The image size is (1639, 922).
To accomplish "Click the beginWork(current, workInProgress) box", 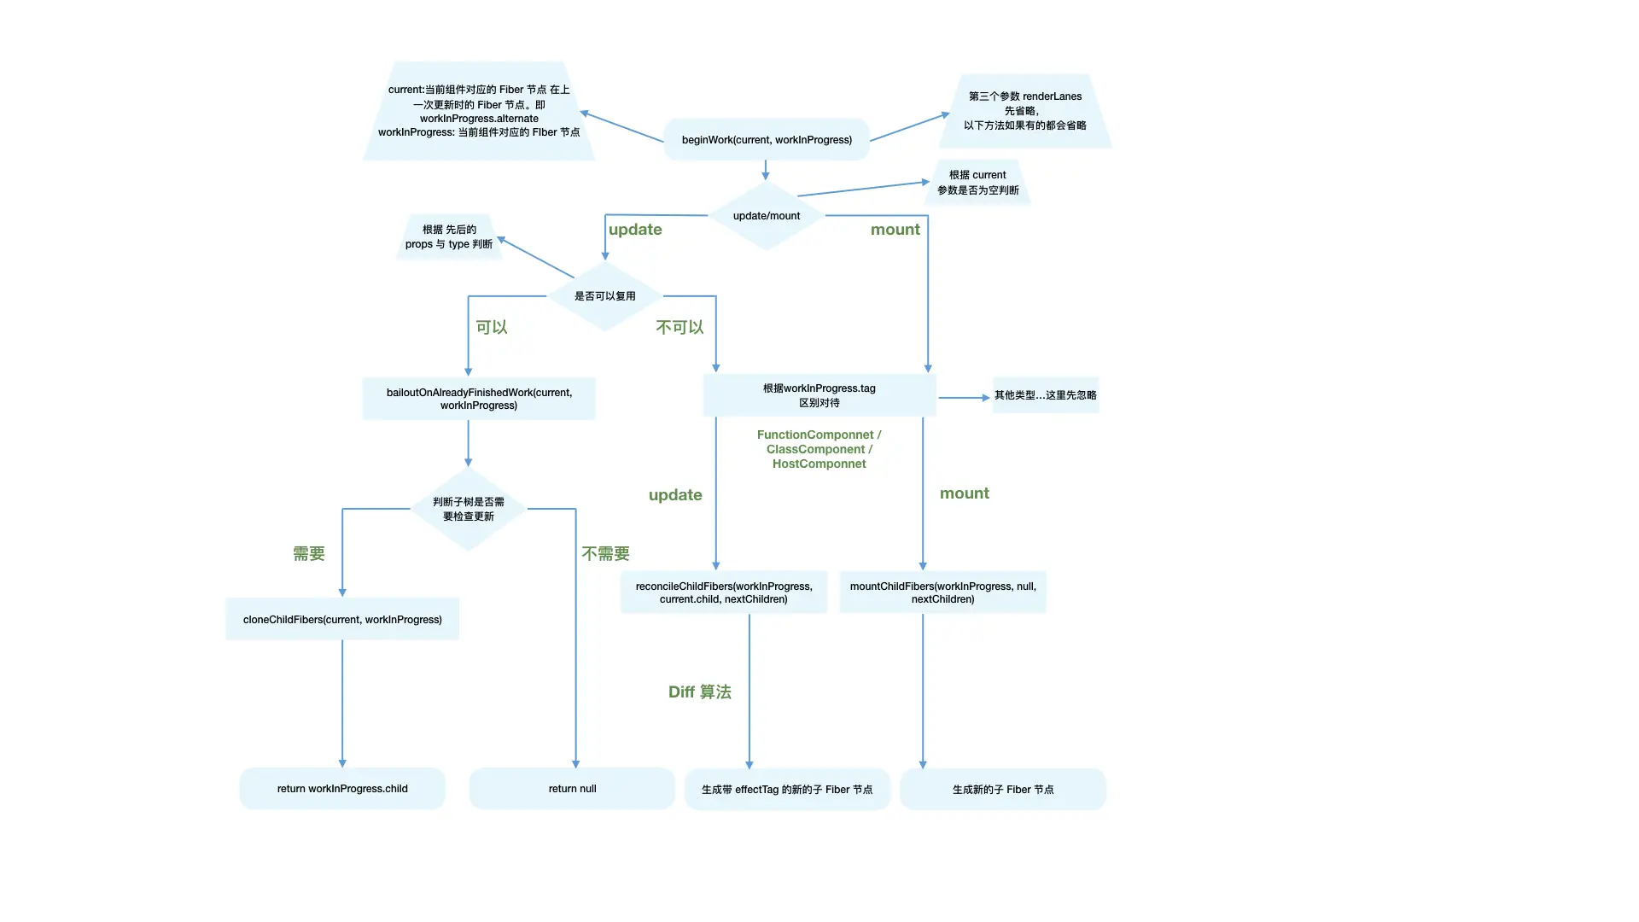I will (767, 140).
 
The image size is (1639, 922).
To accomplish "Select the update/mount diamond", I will (767, 216).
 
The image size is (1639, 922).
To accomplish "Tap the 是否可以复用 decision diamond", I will (605, 296).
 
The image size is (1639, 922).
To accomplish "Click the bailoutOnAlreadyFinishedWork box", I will (479, 399).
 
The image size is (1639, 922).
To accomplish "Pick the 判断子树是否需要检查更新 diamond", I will (469, 509).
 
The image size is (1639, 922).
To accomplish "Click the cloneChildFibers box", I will (342, 620).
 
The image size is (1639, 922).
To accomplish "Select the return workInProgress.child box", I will (342, 789).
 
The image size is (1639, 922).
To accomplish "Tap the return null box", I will (572, 789).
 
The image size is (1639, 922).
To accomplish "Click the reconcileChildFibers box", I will (724, 592).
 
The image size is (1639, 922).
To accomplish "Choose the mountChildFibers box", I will (942, 592).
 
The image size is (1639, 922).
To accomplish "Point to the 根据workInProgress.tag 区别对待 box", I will (819, 395).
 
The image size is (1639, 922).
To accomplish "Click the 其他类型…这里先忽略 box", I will (1045, 395).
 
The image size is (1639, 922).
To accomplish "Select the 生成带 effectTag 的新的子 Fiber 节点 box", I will (787, 790).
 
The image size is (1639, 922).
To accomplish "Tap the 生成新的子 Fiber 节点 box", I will (1003, 790).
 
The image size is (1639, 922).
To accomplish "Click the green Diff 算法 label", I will (700, 692).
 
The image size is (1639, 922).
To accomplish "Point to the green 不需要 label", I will (606, 554).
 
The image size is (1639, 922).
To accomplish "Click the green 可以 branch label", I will (492, 328).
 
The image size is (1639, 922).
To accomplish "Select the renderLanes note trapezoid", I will (1025, 111).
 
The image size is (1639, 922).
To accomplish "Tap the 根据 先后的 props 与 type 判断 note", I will (449, 237).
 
